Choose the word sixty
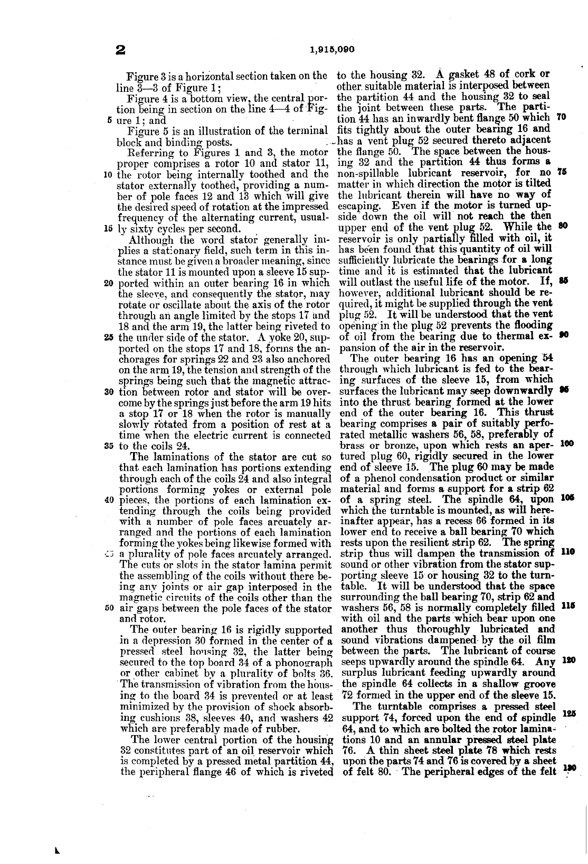141,229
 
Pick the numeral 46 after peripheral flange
239,771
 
